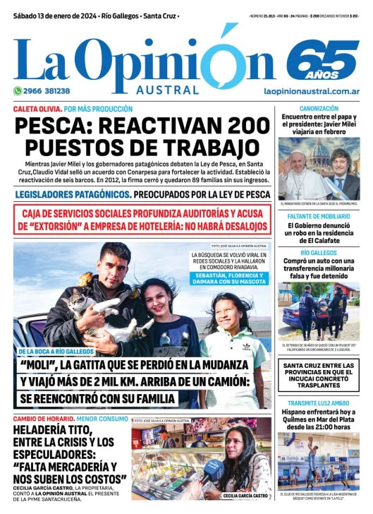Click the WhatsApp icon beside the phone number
(18, 91)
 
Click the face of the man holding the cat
(113, 261)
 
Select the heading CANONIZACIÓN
(319, 109)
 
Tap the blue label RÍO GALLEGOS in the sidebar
(319, 253)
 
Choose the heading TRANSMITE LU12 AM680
(319, 405)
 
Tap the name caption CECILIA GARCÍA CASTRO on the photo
(245, 496)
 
